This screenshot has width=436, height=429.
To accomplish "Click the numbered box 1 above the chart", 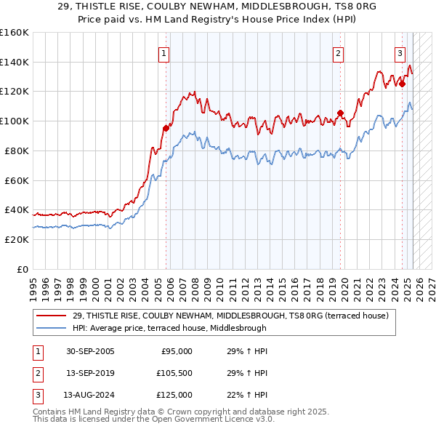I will [x=164, y=52].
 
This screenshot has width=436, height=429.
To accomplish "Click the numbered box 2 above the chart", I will [x=339, y=52].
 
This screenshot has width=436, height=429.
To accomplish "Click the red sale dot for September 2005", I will [x=166, y=128].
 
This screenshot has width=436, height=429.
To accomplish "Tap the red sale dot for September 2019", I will [x=340, y=113].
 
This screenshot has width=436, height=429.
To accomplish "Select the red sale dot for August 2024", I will [x=402, y=84].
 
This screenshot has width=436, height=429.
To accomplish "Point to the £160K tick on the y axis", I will [x=15, y=33].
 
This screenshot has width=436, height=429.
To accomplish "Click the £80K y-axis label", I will [x=17, y=151].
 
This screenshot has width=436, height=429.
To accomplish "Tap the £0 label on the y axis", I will [x=23, y=269].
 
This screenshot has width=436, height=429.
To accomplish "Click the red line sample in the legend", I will [x=52, y=316].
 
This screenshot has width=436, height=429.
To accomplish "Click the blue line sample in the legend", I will [x=52, y=328].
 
